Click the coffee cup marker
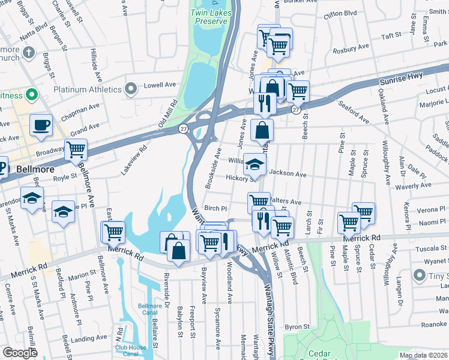point(41,125)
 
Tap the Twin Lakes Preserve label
point(209,17)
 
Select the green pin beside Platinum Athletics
point(131,89)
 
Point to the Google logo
point(20,353)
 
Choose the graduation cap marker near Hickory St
point(255,164)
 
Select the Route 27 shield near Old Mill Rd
point(182,128)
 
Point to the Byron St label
point(297,327)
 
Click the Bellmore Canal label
point(150,309)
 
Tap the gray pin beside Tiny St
point(420,275)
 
